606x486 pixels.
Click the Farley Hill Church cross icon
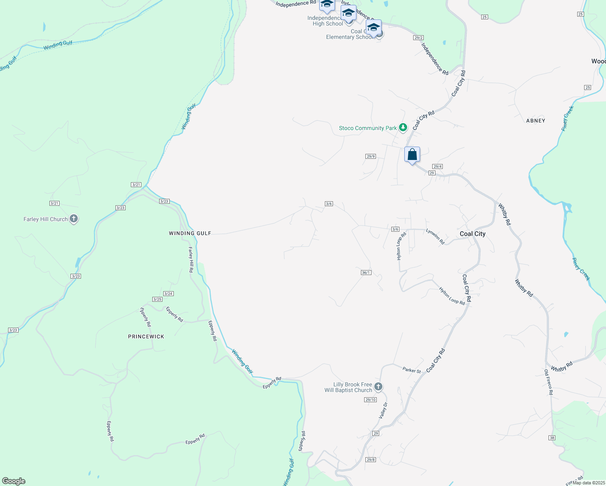coord(73,219)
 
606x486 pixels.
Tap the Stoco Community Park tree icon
coord(403,128)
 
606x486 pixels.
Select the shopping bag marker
coord(412,155)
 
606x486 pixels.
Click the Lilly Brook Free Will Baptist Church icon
coord(378,387)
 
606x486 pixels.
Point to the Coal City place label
coord(472,234)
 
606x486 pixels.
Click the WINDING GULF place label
coord(190,233)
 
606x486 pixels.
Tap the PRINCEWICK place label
coord(146,337)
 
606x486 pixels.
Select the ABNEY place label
coord(536,121)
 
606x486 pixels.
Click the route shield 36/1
coord(366,273)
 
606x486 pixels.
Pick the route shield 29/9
coord(371,156)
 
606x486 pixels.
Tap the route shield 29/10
coord(370,400)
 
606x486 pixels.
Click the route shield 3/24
coord(169,294)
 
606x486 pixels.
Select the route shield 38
coord(552,438)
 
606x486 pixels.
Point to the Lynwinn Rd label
coord(435,237)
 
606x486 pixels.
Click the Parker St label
coord(412,370)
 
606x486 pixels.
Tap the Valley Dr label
coord(383,411)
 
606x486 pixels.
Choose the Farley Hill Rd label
coord(191,260)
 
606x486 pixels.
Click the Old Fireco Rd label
coord(548,382)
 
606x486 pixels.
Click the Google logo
coord(14,481)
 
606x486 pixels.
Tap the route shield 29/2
coord(419,38)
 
